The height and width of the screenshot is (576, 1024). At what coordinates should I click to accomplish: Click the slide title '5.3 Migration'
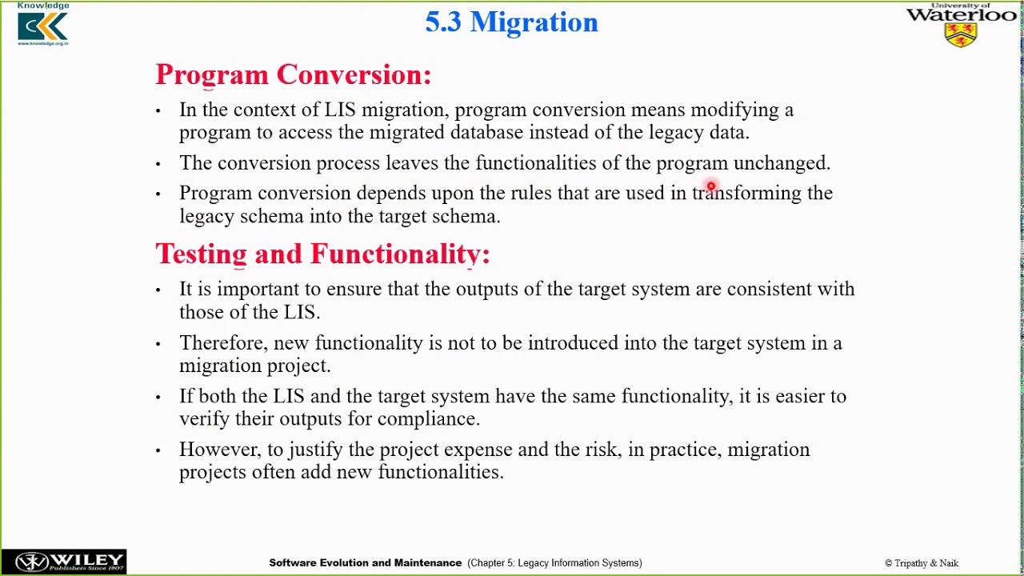(511, 22)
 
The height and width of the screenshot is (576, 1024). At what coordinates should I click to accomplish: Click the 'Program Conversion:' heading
(293, 74)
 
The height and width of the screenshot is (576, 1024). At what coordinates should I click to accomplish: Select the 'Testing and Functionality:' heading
(322, 254)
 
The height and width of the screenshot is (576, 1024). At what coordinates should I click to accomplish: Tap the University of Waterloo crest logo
(961, 34)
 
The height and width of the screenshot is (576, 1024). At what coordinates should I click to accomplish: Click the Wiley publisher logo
(63, 562)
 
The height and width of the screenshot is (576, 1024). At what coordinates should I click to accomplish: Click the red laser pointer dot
(710, 187)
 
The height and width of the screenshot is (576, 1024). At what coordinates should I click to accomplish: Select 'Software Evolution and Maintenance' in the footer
(365, 563)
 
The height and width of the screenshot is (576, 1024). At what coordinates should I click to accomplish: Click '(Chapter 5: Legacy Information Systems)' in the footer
(554, 563)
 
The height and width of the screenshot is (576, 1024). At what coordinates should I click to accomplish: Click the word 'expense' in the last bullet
(478, 450)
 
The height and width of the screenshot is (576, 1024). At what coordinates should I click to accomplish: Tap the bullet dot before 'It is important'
(158, 290)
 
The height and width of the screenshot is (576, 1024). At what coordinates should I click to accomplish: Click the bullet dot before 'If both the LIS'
(158, 397)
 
